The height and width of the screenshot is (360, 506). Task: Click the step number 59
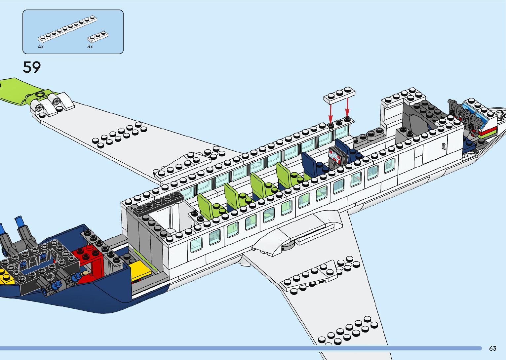(x=32, y=67)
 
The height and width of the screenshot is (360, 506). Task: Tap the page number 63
(x=492, y=348)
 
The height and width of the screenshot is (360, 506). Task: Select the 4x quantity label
(x=41, y=47)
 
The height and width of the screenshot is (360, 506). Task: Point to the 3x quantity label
(x=90, y=47)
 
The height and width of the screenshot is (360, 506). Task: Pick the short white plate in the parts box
(x=98, y=37)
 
